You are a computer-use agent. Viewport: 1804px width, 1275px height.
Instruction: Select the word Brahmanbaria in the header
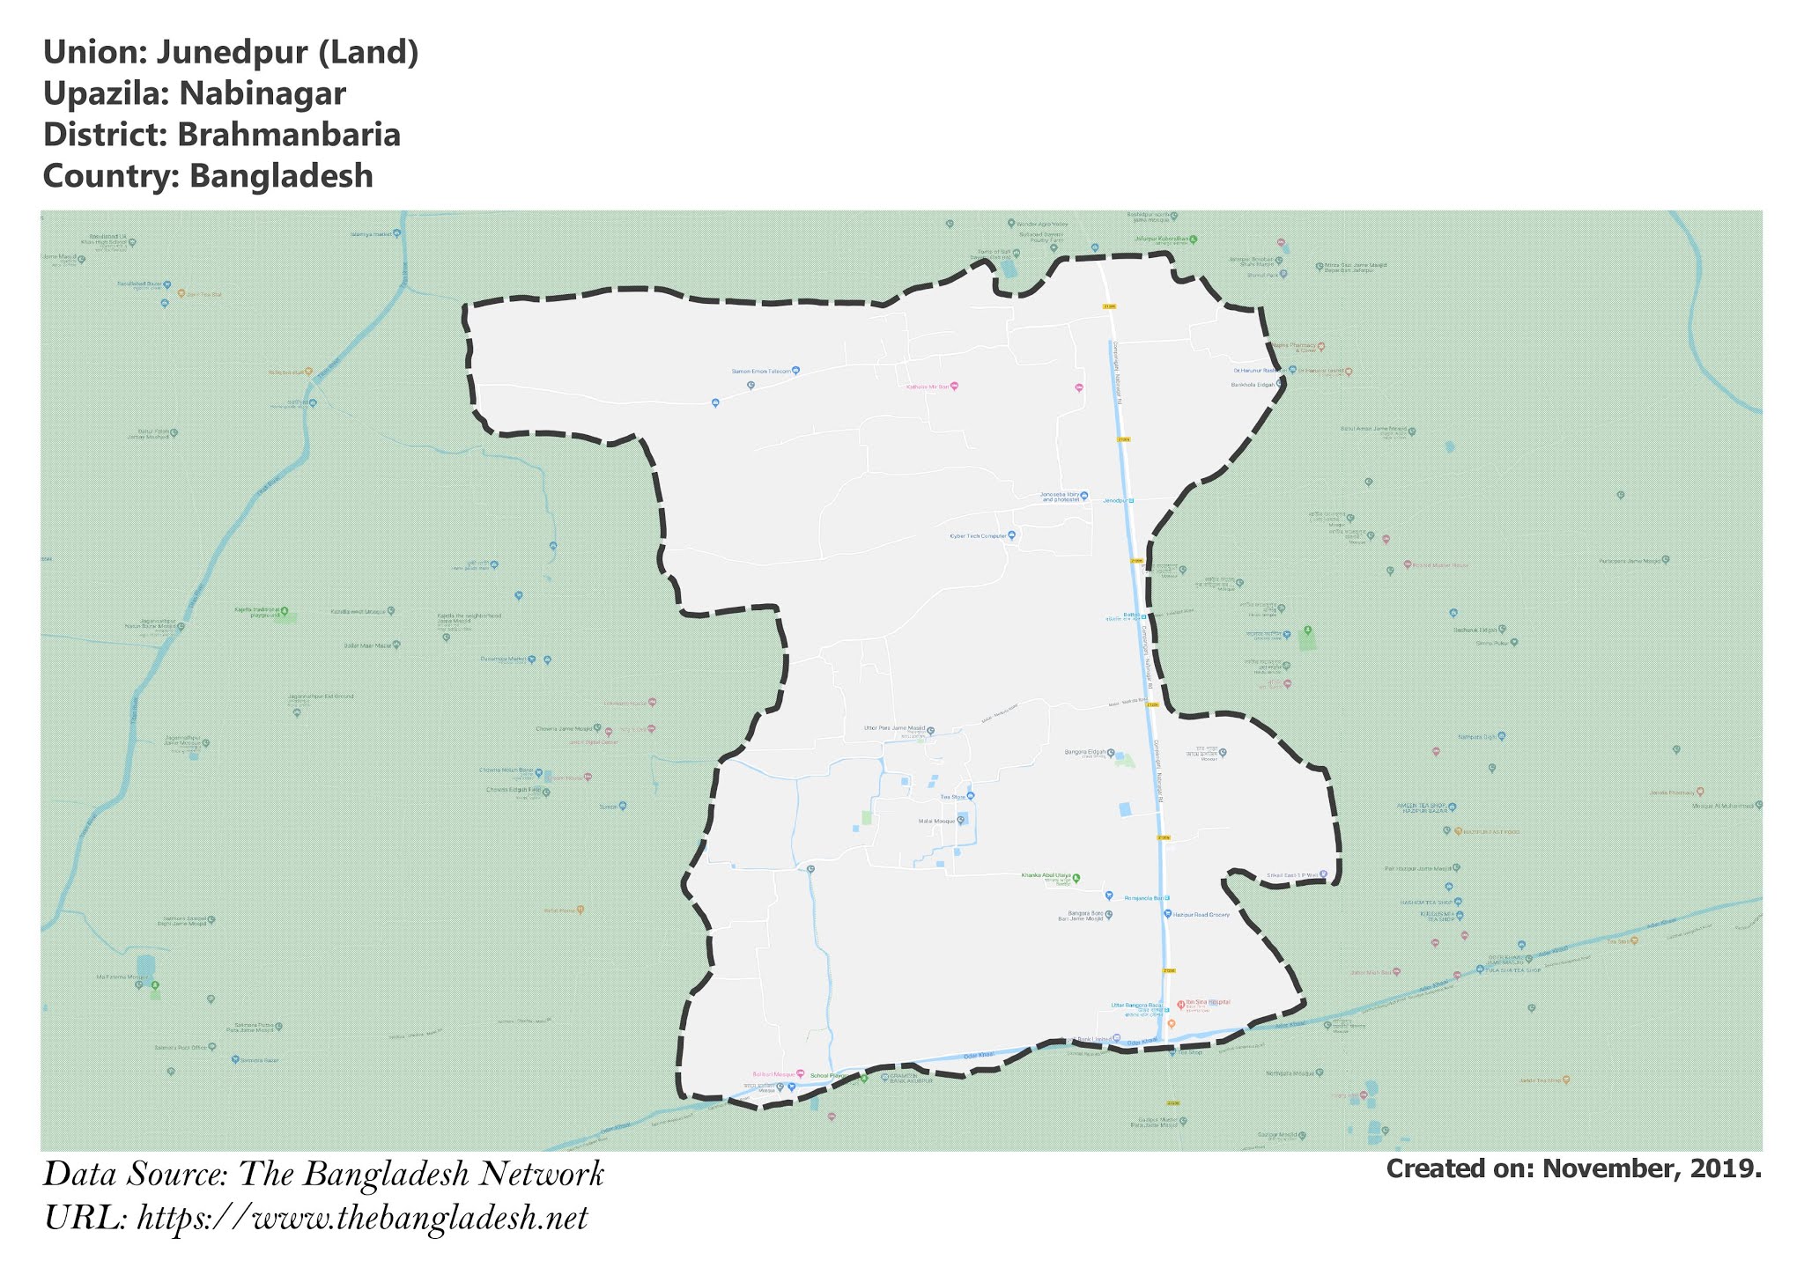pos(288,136)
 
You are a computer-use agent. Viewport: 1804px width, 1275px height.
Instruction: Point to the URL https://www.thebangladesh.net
pos(362,1220)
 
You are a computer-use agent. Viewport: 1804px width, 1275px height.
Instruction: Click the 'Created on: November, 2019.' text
pos(1573,1169)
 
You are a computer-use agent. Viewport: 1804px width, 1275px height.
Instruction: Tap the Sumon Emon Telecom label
pos(761,371)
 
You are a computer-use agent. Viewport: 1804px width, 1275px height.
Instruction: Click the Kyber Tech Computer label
pos(977,535)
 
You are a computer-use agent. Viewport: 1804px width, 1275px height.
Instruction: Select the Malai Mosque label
pos(936,821)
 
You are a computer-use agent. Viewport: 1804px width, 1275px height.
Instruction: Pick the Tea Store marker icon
pos(971,797)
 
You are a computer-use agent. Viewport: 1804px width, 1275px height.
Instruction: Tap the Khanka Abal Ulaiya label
pos(1045,875)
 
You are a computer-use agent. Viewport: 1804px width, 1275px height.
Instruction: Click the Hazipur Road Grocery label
pos(1201,915)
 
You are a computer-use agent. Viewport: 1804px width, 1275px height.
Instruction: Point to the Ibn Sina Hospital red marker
pos(1180,1004)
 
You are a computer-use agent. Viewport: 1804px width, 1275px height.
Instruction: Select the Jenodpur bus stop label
pos(1115,500)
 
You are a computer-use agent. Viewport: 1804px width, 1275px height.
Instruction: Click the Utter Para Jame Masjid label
pos(894,729)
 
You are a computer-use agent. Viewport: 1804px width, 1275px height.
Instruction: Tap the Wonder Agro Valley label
pos(1042,224)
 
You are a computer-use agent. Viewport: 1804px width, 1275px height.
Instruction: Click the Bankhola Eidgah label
pos(1252,385)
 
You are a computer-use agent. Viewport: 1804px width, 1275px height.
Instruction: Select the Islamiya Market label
pos(370,234)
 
